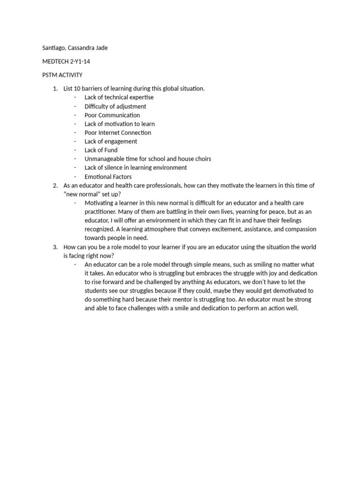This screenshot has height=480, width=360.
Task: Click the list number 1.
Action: point(55,89)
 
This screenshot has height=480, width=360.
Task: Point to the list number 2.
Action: point(55,186)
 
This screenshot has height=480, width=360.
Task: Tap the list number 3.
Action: point(55,247)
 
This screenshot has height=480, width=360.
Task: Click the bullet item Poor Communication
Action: point(112,115)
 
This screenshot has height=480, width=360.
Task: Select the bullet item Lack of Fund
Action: point(101,150)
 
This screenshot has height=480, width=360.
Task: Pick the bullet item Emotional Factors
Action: point(108,177)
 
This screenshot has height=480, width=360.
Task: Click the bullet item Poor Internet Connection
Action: point(118,133)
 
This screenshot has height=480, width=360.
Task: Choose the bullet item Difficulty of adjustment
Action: point(115,106)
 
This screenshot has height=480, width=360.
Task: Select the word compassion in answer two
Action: point(298,229)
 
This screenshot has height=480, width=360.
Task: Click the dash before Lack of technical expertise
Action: point(75,97)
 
